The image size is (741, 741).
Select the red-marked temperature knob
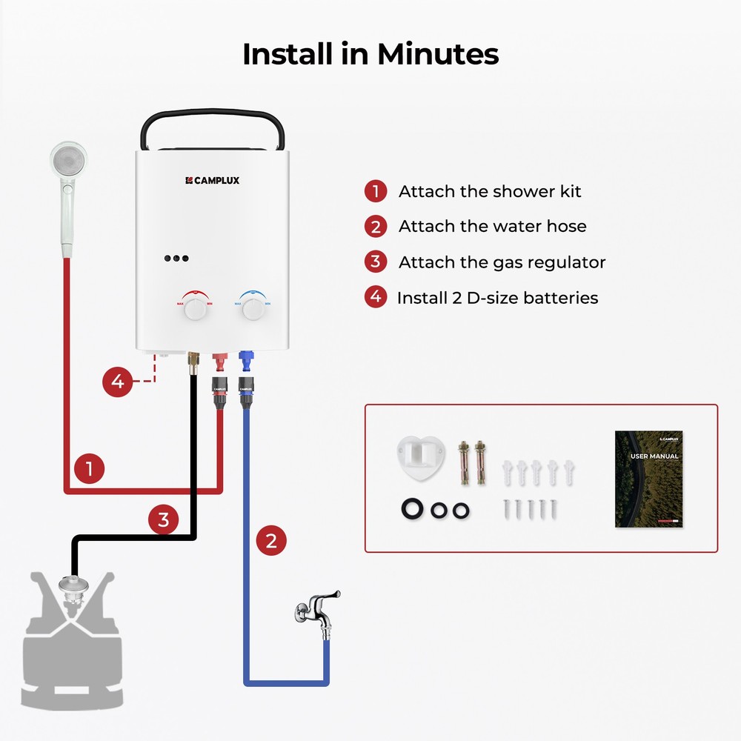point(195,309)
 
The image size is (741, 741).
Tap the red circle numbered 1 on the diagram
point(89,468)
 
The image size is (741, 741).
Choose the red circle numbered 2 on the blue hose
point(271,541)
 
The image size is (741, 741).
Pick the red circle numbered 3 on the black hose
point(163,519)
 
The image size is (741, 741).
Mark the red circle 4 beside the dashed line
point(117,382)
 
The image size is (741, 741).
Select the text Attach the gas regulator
point(502,262)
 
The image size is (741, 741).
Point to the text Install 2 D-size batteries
point(497,298)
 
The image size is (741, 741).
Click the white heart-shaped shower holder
point(421,456)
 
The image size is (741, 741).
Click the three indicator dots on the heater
point(176,259)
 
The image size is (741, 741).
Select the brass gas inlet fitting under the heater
point(192,362)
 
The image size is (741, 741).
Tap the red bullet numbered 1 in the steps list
point(376,191)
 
